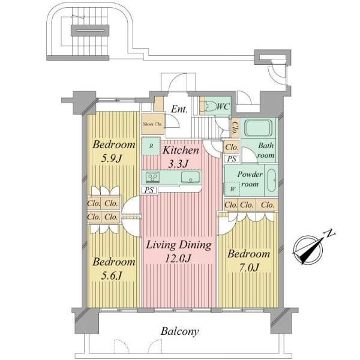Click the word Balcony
coord(179,331)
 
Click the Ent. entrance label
coord(179,109)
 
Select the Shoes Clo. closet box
coord(152,125)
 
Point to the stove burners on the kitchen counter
coord(152,177)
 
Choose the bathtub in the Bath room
coord(258,129)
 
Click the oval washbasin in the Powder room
coord(271,180)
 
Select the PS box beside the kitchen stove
coord(150,190)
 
